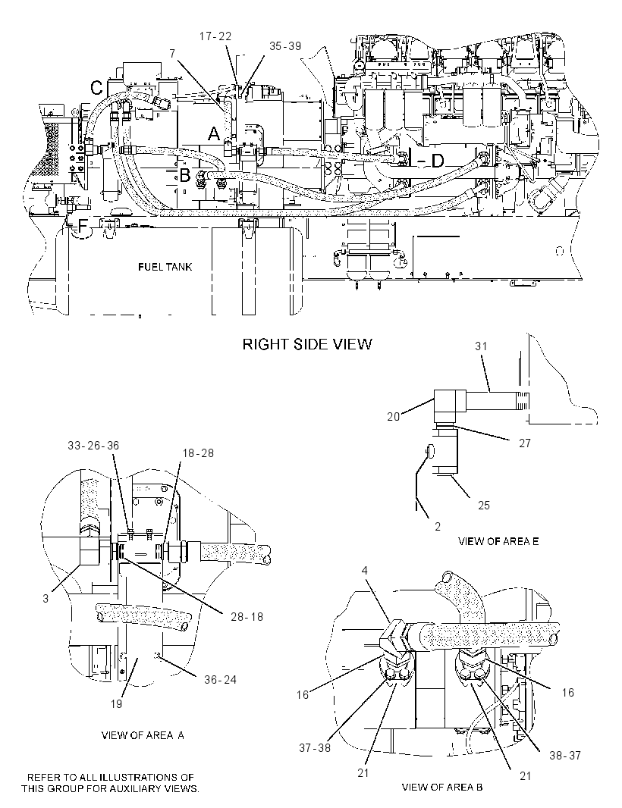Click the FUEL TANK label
165,267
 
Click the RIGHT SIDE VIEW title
307,344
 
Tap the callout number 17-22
215,36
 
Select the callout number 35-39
285,46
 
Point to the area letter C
97,88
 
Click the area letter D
437,161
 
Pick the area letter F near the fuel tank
83,226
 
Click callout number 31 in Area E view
481,346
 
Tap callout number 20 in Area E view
394,416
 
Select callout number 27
524,443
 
